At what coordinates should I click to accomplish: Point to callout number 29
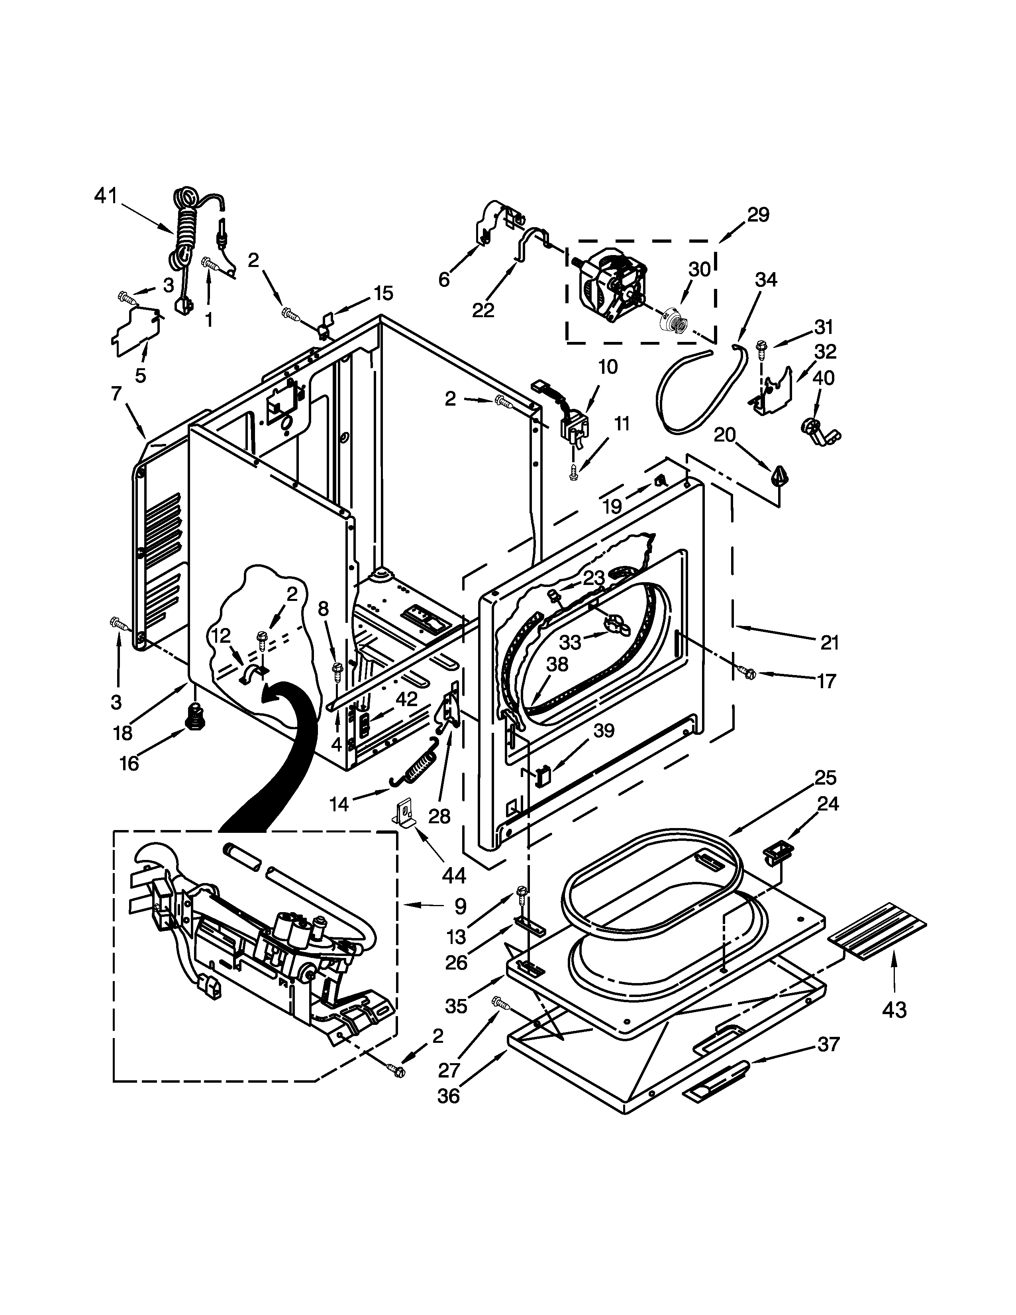click(x=758, y=215)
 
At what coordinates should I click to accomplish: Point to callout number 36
click(x=448, y=1096)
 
